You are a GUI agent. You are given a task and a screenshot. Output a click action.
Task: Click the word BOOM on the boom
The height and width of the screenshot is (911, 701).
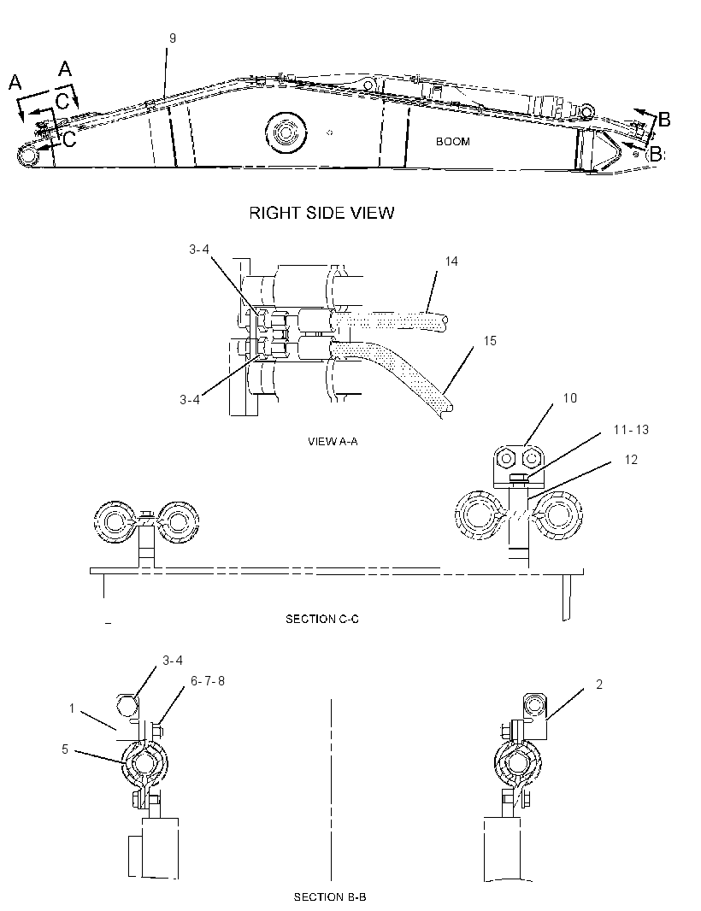(x=453, y=141)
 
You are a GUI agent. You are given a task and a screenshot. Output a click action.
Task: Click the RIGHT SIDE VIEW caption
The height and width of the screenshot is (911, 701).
(x=321, y=213)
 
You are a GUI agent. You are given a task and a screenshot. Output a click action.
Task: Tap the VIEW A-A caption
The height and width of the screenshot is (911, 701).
(x=333, y=442)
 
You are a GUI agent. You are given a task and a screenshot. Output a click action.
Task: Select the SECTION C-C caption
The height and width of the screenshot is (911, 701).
(x=322, y=619)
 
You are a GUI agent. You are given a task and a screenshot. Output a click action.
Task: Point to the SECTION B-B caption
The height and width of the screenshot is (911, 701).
(x=330, y=897)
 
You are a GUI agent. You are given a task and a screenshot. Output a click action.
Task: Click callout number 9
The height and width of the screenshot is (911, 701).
(x=173, y=38)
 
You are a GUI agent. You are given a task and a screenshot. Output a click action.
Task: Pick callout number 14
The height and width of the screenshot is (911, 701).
(x=451, y=262)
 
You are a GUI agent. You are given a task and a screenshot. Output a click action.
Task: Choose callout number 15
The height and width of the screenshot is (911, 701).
(x=490, y=340)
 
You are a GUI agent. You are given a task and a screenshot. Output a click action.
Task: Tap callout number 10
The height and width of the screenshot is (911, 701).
(x=569, y=398)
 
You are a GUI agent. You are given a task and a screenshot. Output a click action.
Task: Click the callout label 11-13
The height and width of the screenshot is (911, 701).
(x=631, y=429)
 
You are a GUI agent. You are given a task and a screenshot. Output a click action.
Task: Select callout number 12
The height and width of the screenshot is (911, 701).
(x=631, y=460)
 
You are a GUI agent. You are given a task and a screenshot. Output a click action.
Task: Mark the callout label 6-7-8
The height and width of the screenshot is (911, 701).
(x=208, y=680)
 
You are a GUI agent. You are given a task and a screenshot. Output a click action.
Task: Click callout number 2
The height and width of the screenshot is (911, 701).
(x=599, y=685)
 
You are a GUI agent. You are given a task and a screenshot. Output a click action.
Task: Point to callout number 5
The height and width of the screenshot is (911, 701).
(x=65, y=749)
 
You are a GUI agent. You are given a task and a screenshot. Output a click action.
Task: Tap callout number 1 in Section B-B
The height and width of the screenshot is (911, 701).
(x=72, y=708)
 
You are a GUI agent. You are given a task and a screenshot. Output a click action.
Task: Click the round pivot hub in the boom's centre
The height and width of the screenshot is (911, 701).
(x=286, y=133)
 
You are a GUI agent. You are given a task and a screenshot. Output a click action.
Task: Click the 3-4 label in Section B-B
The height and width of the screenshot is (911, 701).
(x=173, y=661)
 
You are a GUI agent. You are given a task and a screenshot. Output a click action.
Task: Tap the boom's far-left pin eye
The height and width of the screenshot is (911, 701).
(x=27, y=156)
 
